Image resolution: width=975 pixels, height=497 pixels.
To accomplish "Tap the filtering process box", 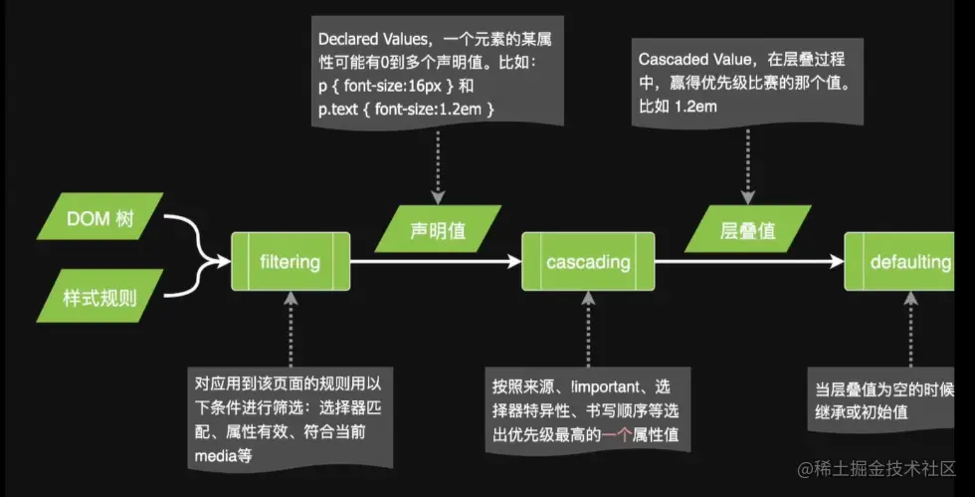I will [290, 263].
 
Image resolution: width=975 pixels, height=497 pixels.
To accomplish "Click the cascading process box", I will [588, 263].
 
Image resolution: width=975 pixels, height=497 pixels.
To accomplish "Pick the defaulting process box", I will [908, 263].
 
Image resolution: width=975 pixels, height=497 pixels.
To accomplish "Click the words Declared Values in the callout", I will [364, 39].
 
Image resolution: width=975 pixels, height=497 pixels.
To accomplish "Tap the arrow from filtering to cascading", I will [436, 263].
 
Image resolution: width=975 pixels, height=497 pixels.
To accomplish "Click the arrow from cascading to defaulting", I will [748, 263].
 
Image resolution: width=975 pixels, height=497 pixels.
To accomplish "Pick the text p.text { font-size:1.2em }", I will [406, 107].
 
